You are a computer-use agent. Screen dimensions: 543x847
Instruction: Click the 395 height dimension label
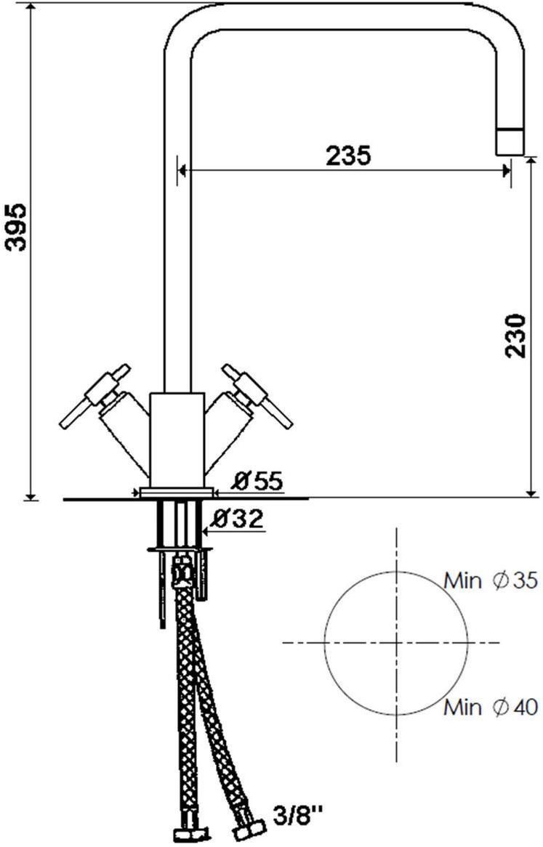[x=17, y=227]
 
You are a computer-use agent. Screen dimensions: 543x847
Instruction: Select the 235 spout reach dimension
[x=348, y=155]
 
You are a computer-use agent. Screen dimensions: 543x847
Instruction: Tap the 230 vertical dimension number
[x=515, y=335]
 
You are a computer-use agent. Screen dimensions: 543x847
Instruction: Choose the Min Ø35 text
[x=491, y=580]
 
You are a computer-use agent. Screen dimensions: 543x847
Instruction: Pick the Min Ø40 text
[x=491, y=707]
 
